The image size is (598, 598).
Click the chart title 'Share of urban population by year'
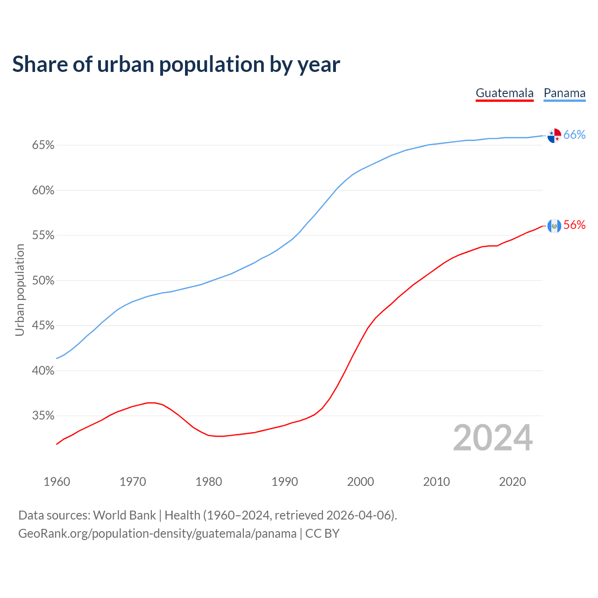(x=176, y=64)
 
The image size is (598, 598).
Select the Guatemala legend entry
(x=505, y=93)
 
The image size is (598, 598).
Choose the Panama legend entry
(x=564, y=93)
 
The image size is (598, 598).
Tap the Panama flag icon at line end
(x=554, y=135)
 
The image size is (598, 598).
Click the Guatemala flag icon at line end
(x=554, y=226)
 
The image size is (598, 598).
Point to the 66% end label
(x=574, y=135)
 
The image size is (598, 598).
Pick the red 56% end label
(x=574, y=225)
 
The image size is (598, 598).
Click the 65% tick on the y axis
(x=43, y=145)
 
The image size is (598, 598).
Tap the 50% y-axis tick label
(x=43, y=281)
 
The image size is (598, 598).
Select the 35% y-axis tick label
(x=43, y=416)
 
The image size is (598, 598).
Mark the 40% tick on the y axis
(x=43, y=371)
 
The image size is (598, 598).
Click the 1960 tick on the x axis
(x=57, y=482)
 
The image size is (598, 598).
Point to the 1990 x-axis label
(x=285, y=482)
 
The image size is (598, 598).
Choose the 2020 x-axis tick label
(x=513, y=482)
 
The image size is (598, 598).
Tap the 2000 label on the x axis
(x=361, y=482)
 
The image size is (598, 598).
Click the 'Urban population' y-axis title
(x=20, y=290)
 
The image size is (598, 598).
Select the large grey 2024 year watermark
(x=493, y=438)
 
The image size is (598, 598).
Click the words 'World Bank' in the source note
(x=124, y=515)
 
